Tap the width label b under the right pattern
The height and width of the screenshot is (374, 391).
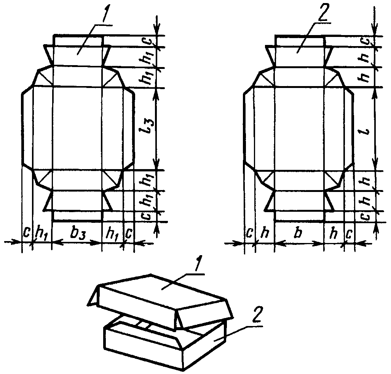[x=298, y=233]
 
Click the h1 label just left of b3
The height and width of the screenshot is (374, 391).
[x=41, y=233]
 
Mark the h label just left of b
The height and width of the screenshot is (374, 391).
[x=263, y=233]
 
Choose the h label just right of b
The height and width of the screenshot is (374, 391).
[x=334, y=233]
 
